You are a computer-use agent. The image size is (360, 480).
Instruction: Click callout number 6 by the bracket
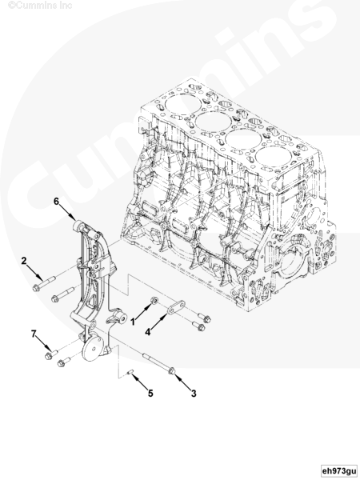56,202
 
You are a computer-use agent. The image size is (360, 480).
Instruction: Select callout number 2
24,261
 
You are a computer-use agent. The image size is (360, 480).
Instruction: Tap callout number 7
34,334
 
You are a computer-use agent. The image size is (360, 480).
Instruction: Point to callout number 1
133,322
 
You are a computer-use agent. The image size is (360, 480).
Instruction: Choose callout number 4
148,331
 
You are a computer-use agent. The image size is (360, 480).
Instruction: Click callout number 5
150,393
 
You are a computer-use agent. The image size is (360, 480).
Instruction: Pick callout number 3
194,393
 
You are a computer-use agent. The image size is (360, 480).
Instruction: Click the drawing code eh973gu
339,470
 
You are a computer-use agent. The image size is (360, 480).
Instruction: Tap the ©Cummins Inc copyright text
40,6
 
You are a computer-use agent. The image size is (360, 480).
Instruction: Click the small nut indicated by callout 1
154,300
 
